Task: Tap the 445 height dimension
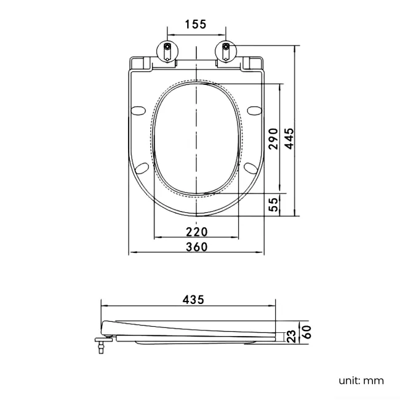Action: pyautogui.click(x=289, y=138)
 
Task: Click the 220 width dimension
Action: pyautogui.click(x=196, y=231)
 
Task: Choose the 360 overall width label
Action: pyautogui.click(x=196, y=247)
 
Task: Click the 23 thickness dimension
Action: pyautogui.click(x=290, y=336)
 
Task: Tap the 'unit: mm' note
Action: pyautogui.click(x=361, y=380)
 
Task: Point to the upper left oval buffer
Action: pyautogui.click(x=139, y=111)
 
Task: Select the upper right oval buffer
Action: pyautogui.click(x=254, y=111)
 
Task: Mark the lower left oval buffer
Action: pyautogui.click(x=142, y=168)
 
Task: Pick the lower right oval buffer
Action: pyautogui.click(x=250, y=168)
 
